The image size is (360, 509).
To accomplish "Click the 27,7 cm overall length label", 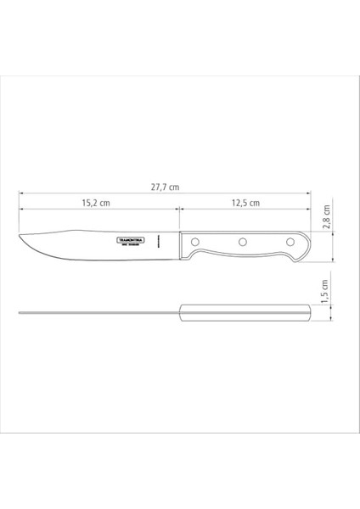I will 166,187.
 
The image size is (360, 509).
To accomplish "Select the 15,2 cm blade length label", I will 96,203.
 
